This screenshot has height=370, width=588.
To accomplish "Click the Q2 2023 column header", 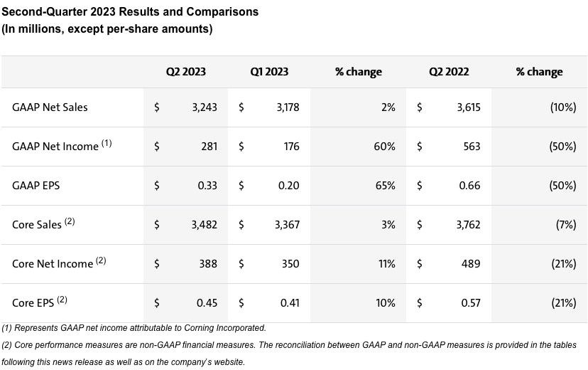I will coord(186,72).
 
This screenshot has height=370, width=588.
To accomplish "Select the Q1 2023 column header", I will coord(269,72).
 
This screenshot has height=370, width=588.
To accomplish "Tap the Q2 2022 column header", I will coord(449,72).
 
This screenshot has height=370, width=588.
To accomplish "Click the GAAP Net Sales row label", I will coord(50,107).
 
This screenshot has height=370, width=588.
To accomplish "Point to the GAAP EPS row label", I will coord(36,185).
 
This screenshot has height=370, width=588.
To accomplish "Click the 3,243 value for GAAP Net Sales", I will coord(204,107).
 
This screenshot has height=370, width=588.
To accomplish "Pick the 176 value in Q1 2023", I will coord(290,147).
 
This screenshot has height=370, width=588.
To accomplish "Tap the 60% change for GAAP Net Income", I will coord(384,147).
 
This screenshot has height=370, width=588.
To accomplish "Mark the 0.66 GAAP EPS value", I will coord(469,185).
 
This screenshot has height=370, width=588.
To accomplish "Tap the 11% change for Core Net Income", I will coord(386,263).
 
